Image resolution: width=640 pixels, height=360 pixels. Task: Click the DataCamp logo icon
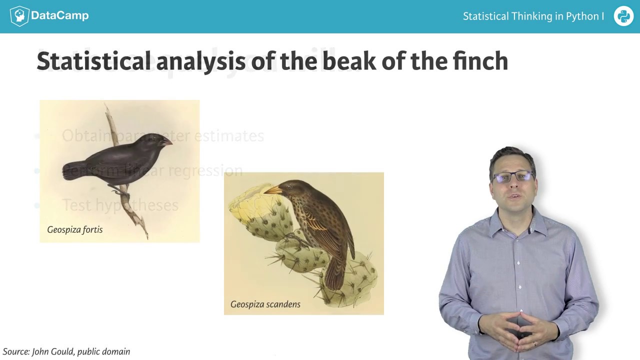19,16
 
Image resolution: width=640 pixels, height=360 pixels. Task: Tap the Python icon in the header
623,16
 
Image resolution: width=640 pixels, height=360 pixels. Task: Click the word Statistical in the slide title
93,61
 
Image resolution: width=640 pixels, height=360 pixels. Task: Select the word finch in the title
480,61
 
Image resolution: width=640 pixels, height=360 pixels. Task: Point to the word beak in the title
348,61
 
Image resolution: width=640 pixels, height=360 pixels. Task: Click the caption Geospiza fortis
75,229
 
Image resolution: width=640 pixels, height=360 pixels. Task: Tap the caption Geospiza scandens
265,304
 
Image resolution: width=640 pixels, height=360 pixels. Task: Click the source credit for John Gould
66,351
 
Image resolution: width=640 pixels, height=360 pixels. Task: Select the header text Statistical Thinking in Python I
533,16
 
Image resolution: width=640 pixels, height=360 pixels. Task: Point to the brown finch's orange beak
272,189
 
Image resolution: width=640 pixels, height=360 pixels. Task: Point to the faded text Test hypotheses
120,205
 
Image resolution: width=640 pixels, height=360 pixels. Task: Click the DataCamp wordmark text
59,15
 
